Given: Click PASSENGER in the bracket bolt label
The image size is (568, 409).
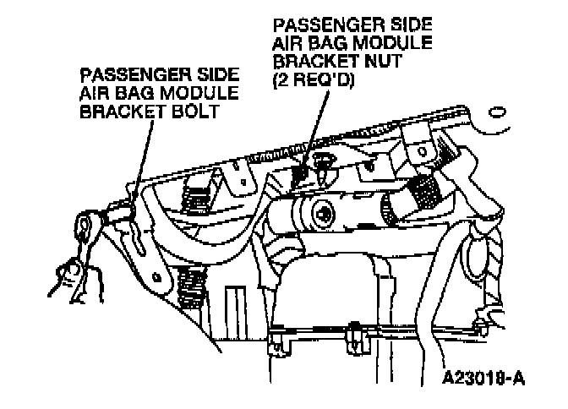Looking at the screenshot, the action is click(115, 74).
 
